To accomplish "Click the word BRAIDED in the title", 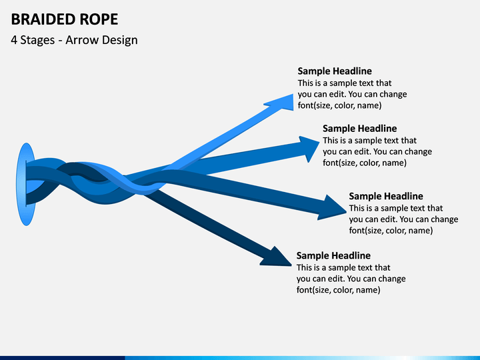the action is [x=43, y=19].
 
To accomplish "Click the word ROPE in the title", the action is [x=99, y=19].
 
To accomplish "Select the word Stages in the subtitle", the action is [x=37, y=41].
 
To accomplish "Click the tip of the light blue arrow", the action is [x=293, y=94].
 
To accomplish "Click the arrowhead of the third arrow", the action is [x=334, y=208].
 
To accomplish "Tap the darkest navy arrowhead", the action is [x=277, y=257].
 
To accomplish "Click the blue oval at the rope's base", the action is [x=26, y=184].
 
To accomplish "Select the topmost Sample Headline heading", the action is [x=335, y=71].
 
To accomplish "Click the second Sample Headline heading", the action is [x=360, y=128].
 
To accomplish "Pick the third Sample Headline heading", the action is [x=386, y=196].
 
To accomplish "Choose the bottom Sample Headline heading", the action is [x=333, y=255].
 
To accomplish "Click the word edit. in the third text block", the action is [x=389, y=219].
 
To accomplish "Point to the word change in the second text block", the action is [x=419, y=152].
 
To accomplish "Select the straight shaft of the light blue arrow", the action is [x=221, y=137].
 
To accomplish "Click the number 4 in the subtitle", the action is [x=14, y=41].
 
